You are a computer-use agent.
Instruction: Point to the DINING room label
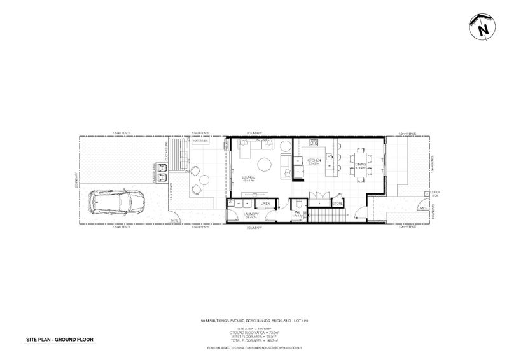[361, 164]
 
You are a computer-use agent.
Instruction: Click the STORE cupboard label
[337, 204]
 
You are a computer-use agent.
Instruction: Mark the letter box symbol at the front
[428, 196]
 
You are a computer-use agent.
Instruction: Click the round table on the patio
[199, 180]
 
